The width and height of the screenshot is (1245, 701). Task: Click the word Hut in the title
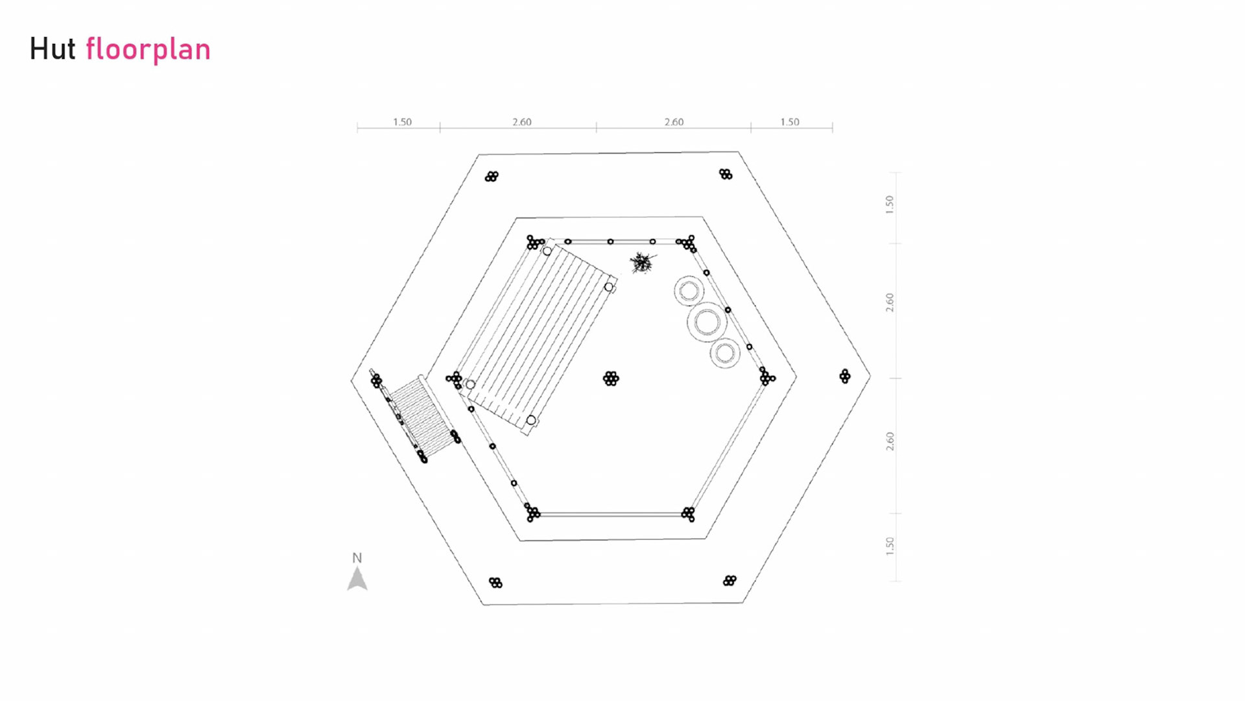(x=53, y=49)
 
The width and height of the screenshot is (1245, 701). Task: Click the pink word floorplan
(x=148, y=50)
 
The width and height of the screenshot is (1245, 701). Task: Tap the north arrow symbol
(x=357, y=578)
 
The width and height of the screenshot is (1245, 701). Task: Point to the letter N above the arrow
(x=357, y=558)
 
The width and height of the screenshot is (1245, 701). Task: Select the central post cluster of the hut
(x=611, y=378)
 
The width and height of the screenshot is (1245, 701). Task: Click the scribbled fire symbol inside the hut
(x=642, y=263)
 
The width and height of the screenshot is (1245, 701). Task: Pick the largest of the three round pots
(x=707, y=322)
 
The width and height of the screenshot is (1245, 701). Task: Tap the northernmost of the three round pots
(x=689, y=291)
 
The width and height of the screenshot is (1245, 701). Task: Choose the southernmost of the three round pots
(x=725, y=353)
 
